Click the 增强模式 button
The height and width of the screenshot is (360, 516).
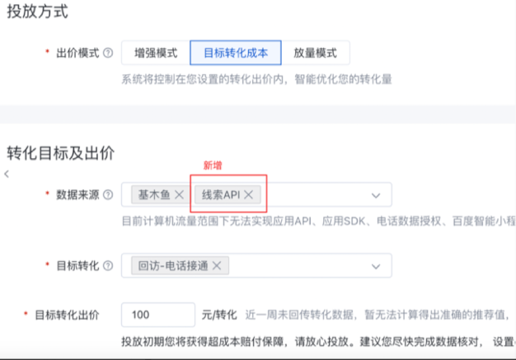point(154,53)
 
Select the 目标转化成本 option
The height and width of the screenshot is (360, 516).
point(235,53)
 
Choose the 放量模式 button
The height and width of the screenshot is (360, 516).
point(315,53)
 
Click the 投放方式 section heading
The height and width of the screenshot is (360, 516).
point(37,12)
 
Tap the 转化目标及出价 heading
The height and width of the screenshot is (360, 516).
point(59,152)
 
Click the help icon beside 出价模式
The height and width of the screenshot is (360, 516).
point(107,54)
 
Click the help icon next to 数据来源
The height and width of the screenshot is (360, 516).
point(107,195)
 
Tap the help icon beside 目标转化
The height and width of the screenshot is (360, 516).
point(107,266)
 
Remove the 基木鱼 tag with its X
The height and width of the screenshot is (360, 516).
point(179,195)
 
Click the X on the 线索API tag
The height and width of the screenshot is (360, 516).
point(249,195)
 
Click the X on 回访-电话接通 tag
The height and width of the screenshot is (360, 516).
point(217,266)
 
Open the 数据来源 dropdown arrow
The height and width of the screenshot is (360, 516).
point(376,195)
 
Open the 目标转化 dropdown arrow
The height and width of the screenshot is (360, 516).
point(376,266)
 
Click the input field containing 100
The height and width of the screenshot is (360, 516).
point(157,316)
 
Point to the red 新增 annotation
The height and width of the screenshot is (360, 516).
point(213,166)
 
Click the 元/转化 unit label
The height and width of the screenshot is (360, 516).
point(219,316)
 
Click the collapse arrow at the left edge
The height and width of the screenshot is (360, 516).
point(7,174)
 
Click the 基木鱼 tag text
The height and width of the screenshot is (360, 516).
point(153,195)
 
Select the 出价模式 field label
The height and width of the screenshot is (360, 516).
point(77,54)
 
